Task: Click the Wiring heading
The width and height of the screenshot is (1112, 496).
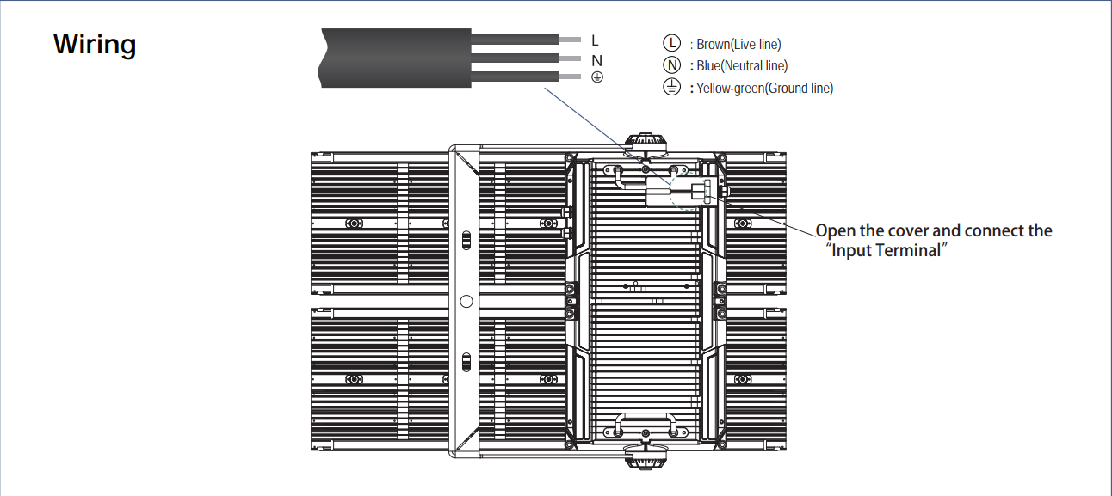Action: (95, 45)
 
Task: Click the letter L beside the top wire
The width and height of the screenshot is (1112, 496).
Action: (595, 40)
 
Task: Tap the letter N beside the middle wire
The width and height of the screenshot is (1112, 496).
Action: (596, 60)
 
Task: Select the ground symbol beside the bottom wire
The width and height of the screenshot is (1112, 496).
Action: (597, 77)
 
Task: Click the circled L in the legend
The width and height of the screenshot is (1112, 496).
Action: (671, 43)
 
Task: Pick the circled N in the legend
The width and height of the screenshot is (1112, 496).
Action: (671, 65)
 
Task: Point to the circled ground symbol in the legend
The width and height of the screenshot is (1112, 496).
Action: (671, 87)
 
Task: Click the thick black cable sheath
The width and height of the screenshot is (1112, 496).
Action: (395, 58)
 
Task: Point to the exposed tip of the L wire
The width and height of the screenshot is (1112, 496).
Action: (570, 40)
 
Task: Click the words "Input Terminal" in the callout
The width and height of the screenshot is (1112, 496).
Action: (887, 250)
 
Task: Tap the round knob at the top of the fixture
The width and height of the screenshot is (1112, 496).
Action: (646, 143)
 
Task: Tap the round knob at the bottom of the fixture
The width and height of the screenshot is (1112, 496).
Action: (646, 456)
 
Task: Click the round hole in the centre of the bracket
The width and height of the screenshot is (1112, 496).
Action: (466, 301)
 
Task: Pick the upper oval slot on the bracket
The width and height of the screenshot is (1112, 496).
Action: (466, 241)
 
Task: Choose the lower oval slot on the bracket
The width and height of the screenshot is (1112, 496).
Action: (466, 362)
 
